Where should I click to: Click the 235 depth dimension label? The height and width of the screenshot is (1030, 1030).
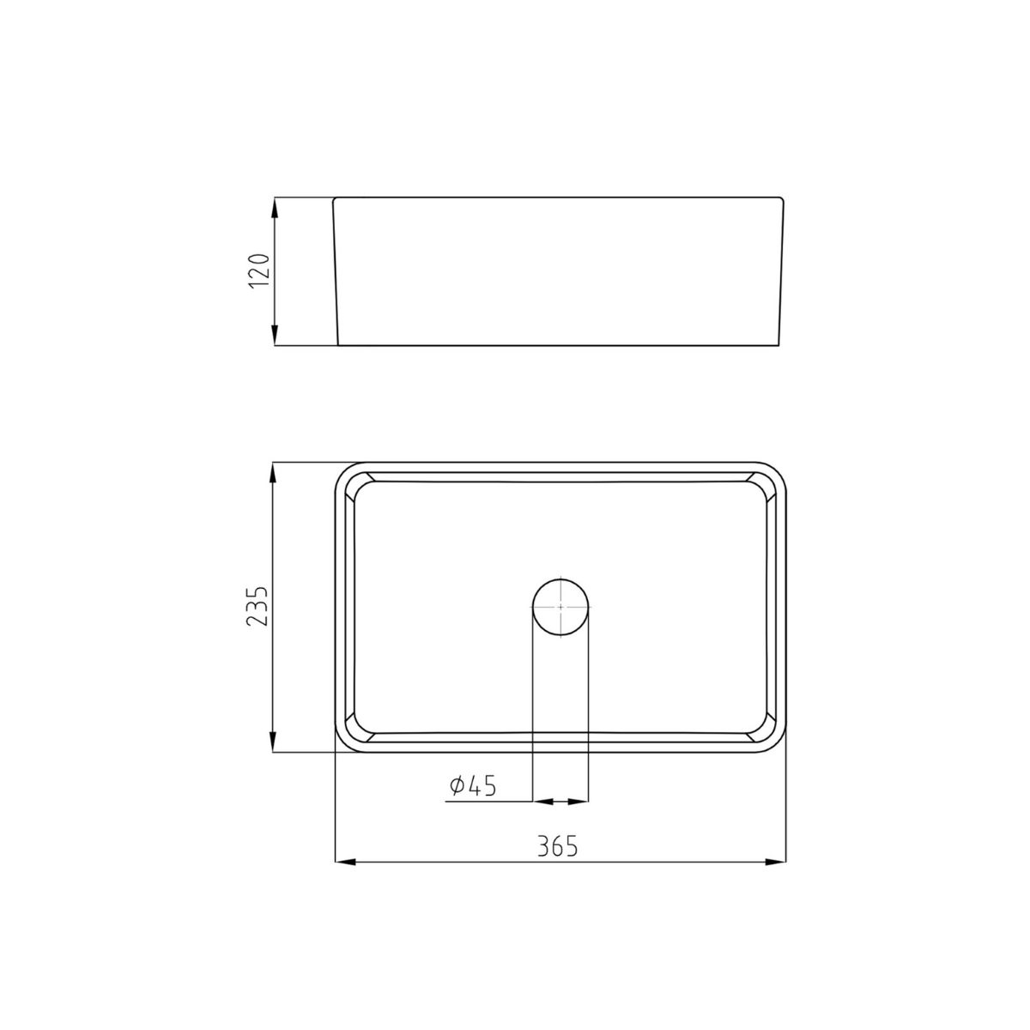pyautogui.click(x=259, y=607)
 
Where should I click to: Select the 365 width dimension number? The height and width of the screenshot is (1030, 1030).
pyautogui.click(x=558, y=846)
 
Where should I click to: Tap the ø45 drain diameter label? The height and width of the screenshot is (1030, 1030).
pyautogui.click(x=473, y=785)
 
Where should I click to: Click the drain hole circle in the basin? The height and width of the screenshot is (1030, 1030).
pyautogui.click(x=560, y=607)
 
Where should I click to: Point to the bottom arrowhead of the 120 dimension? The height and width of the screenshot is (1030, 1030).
pyautogui.click(x=275, y=336)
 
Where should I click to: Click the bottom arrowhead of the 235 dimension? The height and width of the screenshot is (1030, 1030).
pyautogui.click(x=273, y=742)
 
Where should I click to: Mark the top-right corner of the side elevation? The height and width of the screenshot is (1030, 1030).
pyautogui.click(x=783, y=199)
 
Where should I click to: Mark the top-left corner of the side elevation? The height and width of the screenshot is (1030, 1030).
pyautogui.click(x=334, y=199)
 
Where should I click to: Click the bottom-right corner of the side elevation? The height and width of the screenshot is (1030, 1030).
pyautogui.click(x=779, y=345)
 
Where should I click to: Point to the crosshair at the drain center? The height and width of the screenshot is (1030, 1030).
pyautogui.click(x=560, y=606)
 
